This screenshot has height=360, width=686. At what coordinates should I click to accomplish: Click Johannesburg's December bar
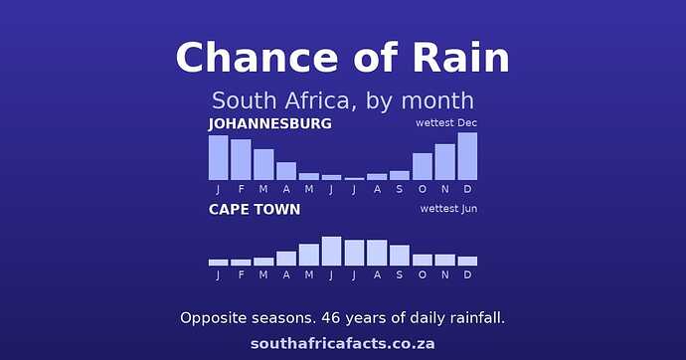[467, 156]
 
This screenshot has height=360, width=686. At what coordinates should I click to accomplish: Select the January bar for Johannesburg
[219, 157]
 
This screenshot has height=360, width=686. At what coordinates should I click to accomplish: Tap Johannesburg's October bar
[423, 167]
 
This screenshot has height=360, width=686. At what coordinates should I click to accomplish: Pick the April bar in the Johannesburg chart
[286, 171]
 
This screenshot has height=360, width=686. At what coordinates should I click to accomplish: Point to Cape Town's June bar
[332, 251]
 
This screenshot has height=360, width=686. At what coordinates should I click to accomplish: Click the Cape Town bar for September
[400, 256]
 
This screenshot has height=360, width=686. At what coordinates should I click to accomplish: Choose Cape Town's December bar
[467, 262]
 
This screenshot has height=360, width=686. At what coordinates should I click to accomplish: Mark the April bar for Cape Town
[286, 259]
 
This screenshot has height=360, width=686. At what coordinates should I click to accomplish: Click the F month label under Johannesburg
[241, 189]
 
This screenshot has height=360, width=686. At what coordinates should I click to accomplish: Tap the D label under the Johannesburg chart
[467, 189]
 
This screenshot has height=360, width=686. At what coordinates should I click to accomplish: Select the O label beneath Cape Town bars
[423, 274]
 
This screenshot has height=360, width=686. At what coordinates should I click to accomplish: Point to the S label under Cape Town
[400, 274]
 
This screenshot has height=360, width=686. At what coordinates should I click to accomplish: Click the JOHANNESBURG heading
[270, 123]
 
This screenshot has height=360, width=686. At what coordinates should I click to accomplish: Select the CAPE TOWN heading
[255, 210]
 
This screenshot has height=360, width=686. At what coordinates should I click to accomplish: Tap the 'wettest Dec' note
[446, 123]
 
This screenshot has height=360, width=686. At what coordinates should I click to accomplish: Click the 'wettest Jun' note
[448, 209]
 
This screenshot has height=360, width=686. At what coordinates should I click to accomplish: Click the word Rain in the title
[460, 58]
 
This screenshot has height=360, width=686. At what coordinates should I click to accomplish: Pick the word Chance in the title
[257, 58]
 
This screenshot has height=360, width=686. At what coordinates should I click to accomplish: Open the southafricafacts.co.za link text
[343, 343]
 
